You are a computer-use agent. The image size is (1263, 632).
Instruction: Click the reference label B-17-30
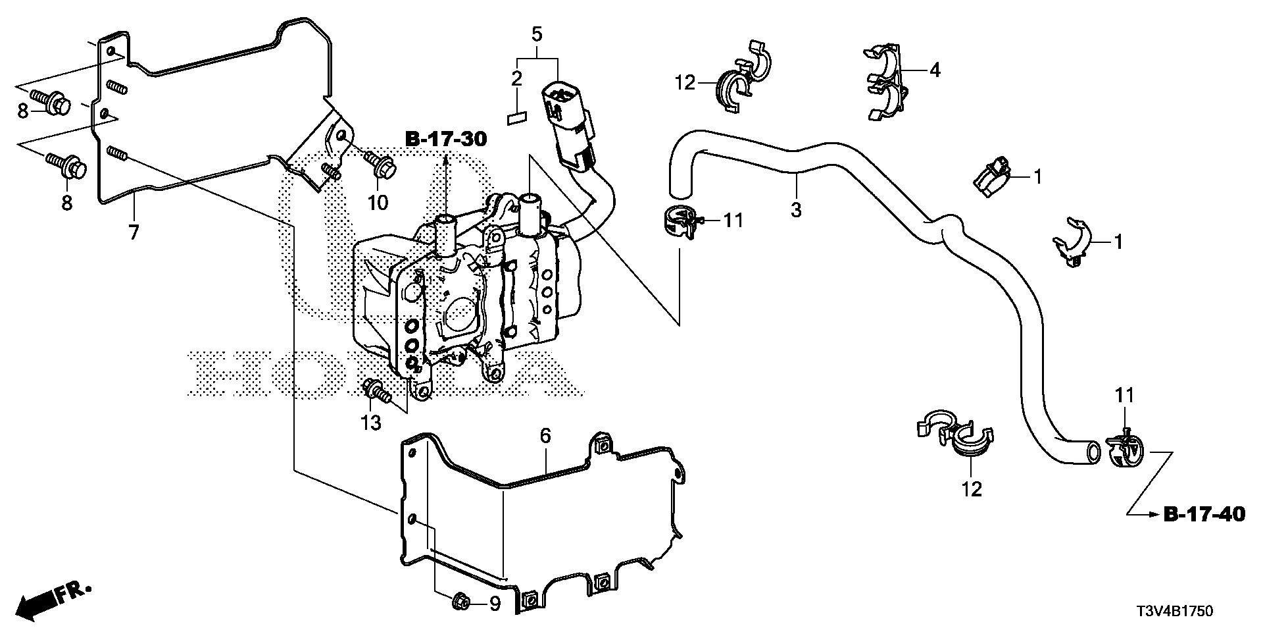click(446, 139)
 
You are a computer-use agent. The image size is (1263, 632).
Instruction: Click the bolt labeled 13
click(378, 392)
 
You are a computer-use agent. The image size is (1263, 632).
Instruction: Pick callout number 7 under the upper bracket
click(134, 232)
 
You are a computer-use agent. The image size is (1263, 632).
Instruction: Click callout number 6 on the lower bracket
click(545, 436)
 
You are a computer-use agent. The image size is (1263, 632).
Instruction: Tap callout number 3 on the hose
click(796, 210)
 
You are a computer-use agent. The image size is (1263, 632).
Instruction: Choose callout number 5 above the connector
click(537, 34)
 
